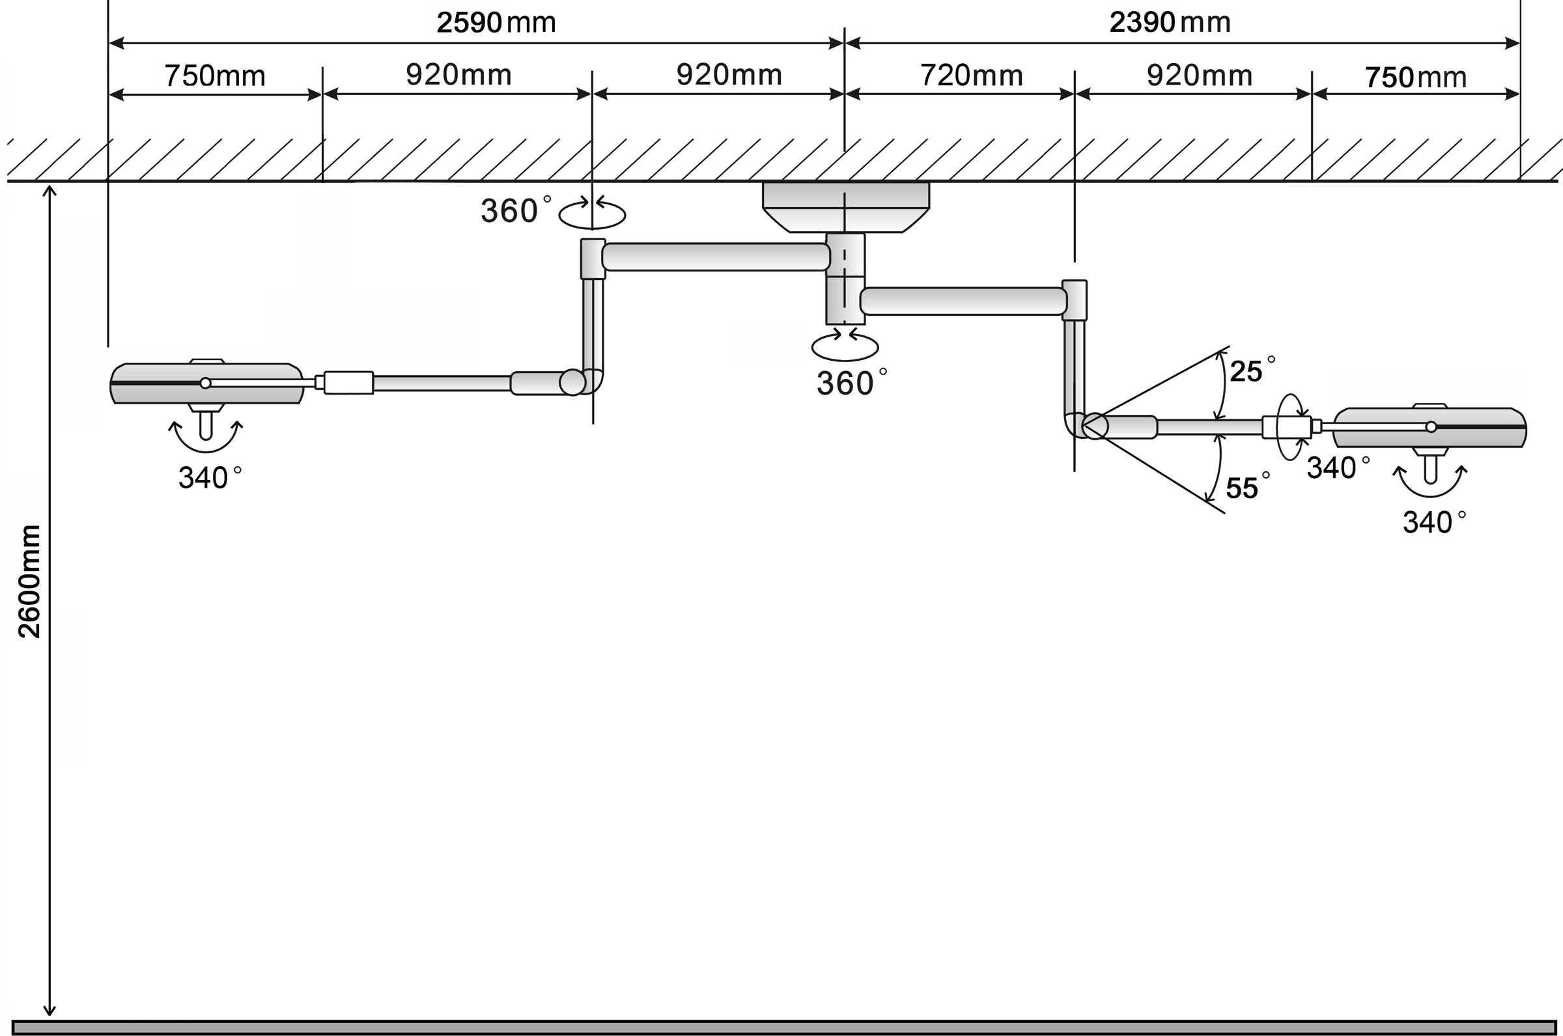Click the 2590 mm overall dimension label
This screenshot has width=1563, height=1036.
click(x=496, y=22)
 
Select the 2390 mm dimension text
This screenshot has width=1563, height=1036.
click(x=1170, y=22)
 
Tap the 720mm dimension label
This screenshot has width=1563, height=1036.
click(x=972, y=76)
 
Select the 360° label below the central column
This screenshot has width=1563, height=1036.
click(x=852, y=382)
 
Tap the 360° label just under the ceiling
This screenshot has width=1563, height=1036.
click(x=515, y=210)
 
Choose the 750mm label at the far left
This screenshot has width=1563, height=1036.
click(x=215, y=76)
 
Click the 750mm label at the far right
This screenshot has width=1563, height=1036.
click(x=1416, y=77)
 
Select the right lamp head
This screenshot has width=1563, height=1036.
click(x=1430, y=427)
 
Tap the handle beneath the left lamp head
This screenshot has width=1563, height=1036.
click(x=205, y=424)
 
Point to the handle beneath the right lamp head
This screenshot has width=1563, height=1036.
click(x=1431, y=469)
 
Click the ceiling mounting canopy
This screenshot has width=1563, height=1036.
click(x=845, y=207)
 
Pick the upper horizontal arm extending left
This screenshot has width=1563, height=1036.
click(x=716, y=257)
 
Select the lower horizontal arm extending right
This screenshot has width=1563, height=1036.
click(x=964, y=301)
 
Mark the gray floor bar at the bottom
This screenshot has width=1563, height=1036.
click(x=786, y=1028)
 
